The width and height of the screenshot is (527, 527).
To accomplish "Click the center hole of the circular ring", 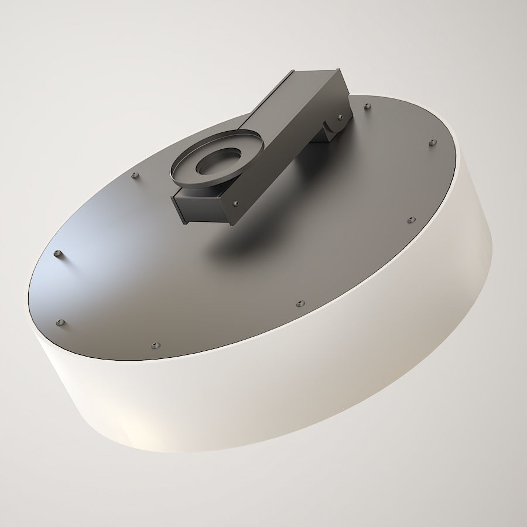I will (x=215, y=162).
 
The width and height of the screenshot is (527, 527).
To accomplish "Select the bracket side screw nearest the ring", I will (x=235, y=203).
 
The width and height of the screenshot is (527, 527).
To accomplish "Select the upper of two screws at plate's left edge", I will (x=57, y=253).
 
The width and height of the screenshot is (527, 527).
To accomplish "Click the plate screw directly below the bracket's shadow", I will (x=300, y=303).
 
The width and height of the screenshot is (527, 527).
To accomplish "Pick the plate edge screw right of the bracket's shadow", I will (x=409, y=221).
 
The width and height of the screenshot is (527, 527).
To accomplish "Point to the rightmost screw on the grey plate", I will (x=432, y=142).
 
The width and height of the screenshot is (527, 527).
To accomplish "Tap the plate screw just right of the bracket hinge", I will (x=367, y=106).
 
